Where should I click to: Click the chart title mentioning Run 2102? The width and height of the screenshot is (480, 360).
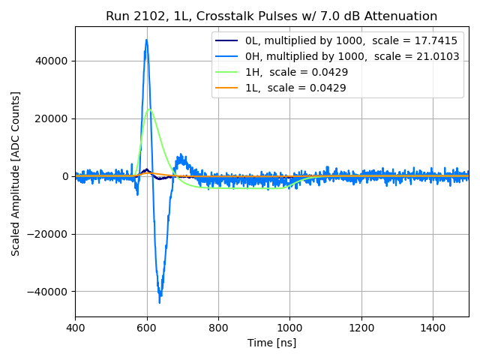(x=271, y=16)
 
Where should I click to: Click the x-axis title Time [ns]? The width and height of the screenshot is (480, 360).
(x=271, y=343)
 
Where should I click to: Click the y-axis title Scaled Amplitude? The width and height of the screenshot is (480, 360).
(x=16, y=173)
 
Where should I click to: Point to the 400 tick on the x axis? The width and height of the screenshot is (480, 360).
(x=75, y=328)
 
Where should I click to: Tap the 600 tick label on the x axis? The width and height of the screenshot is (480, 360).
(x=147, y=328)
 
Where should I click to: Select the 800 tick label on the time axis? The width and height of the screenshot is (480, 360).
(x=218, y=328)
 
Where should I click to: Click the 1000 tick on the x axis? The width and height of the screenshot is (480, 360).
(x=290, y=328)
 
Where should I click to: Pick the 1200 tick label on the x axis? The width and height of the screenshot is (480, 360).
(x=361, y=328)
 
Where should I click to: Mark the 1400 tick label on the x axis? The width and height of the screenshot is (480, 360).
(x=433, y=328)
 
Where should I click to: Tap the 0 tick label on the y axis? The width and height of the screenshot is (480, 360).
(x=65, y=176)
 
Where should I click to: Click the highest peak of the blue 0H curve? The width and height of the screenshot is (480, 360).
(x=146, y=40)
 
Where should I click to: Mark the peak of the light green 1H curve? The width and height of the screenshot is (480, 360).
(x=150, y=109)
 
